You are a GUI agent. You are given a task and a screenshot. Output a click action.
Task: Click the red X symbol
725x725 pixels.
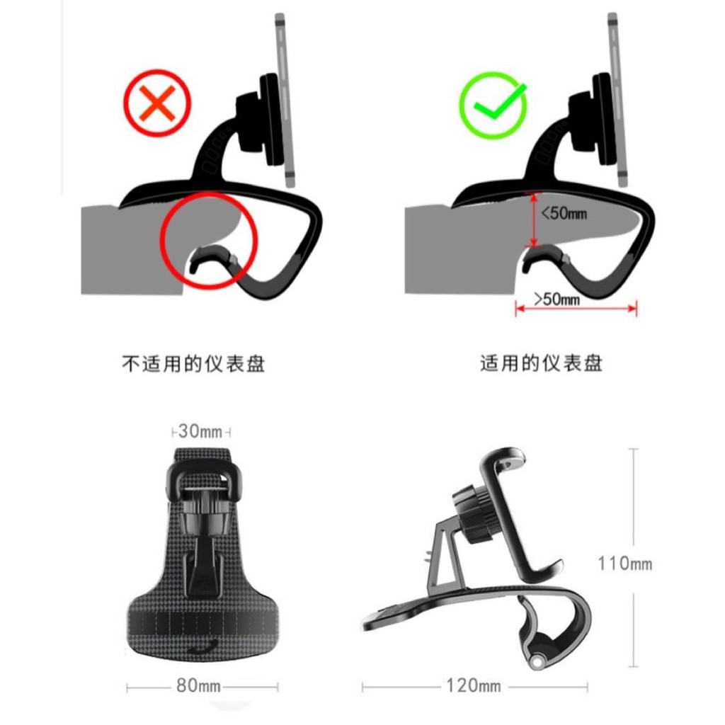157,103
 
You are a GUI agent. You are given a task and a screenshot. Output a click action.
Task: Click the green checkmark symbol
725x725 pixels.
493,105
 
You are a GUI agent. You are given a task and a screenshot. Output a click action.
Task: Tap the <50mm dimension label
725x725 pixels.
564,213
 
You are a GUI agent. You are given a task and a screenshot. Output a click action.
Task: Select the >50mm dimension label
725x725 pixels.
556,299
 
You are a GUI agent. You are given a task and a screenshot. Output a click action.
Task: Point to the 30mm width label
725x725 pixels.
200,431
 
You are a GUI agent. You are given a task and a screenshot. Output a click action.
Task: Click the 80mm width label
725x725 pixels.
198,685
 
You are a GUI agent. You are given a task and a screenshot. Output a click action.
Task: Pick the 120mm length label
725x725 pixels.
474,685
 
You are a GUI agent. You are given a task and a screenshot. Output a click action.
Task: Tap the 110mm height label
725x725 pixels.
624,564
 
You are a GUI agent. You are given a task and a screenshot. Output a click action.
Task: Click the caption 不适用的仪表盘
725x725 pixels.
193,364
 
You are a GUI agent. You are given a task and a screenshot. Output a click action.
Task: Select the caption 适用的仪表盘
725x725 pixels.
542,363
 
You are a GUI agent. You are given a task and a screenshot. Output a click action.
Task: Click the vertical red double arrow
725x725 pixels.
534,220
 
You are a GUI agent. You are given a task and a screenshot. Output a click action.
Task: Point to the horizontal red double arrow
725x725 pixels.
576,309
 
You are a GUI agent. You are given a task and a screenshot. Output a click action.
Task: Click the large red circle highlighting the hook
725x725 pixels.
209,241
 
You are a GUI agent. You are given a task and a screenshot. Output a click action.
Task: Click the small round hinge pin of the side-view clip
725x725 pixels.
537,662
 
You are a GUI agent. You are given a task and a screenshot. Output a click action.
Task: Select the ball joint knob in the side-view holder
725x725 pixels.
471,513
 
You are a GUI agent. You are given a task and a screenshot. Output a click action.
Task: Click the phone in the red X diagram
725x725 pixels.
285,100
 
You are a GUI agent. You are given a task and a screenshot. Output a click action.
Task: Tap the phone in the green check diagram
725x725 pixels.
618,100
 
